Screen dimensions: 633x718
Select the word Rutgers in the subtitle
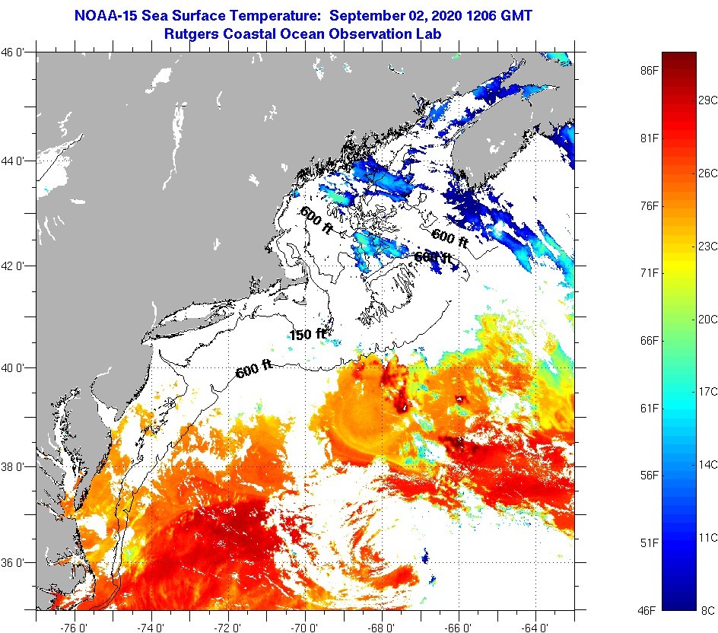click(192, 33)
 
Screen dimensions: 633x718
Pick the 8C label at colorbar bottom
click(707, 610)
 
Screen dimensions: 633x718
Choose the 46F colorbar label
click(649, 610)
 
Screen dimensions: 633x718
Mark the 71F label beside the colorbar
click(649, 272)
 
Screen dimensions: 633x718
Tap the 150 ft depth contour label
click(307, 334)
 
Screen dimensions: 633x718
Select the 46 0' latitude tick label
click(17, 52)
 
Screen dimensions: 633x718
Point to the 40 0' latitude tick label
click(17, 367)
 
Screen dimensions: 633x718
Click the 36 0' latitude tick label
click(17, 563)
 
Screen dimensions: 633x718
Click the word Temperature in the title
click(281, 14)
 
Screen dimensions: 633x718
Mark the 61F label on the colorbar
click(649, 409)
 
